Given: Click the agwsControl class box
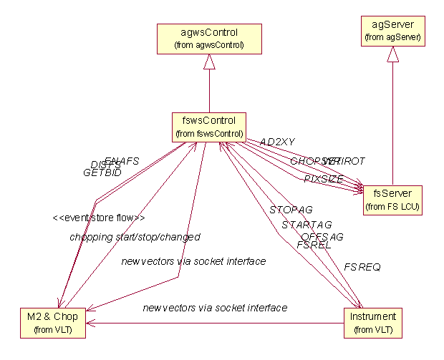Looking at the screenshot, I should pos(208,38).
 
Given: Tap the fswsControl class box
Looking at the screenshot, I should pos(208,126).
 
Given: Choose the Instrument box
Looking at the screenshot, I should pos(372,322).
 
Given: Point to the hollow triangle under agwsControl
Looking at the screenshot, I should pos(208,64).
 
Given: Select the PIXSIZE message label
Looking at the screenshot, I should pos(323,178).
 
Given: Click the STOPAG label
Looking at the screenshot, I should pos(291,210).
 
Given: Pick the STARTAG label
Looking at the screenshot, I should pos(307,225).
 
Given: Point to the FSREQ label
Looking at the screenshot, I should pos(362,267).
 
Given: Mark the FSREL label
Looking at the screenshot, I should pos(314,245).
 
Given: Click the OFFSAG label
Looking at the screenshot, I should pos(322,236).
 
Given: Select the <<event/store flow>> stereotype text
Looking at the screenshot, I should pos(99,218).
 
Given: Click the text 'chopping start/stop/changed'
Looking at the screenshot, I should pos(135,236).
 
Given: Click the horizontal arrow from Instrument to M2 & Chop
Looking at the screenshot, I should pos(215,322).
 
